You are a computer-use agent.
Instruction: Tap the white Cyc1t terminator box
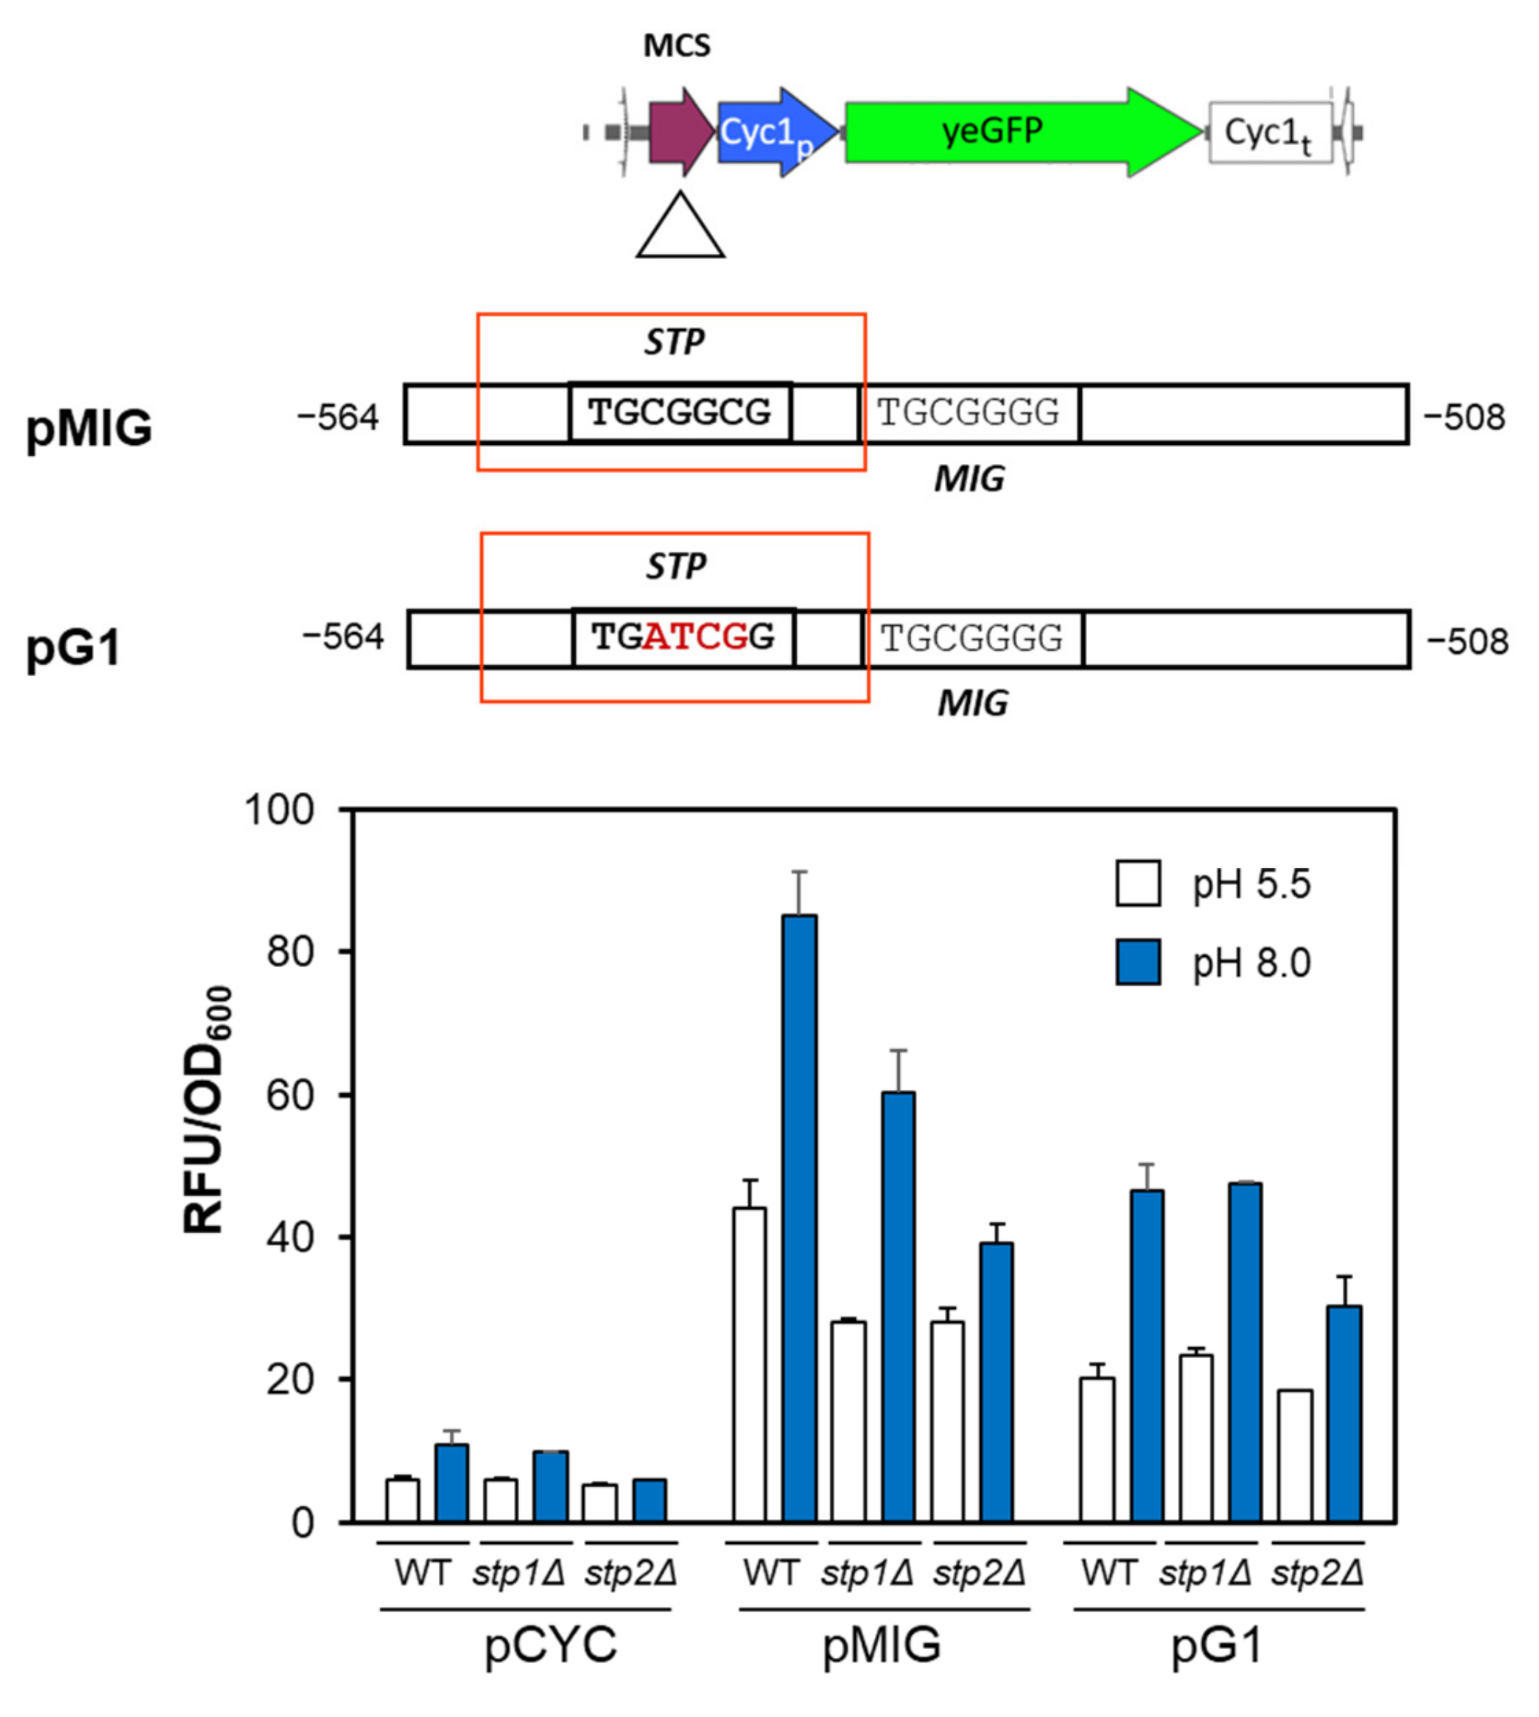[x=1269, y=133]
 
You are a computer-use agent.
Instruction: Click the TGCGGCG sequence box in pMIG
[x=680, y=413]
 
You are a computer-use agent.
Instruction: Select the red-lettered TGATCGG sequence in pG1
[x=683, y=637]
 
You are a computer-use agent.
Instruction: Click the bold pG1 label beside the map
[x=74, y=647]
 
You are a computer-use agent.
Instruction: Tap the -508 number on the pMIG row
[x=1465, y=417]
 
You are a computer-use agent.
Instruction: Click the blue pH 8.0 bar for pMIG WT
[x=799, y=1218]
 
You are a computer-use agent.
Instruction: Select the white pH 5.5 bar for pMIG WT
[x=749, y=1363]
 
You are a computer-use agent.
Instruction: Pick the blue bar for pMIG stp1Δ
[x=898, y=1307]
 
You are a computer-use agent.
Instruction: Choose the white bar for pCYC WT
[x=402, y=1500]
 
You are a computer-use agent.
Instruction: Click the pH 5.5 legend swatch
[x=1137, y=884]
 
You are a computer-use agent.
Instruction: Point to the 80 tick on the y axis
[x=290, y=952]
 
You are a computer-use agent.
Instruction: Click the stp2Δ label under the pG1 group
[x=1317, y=1573]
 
